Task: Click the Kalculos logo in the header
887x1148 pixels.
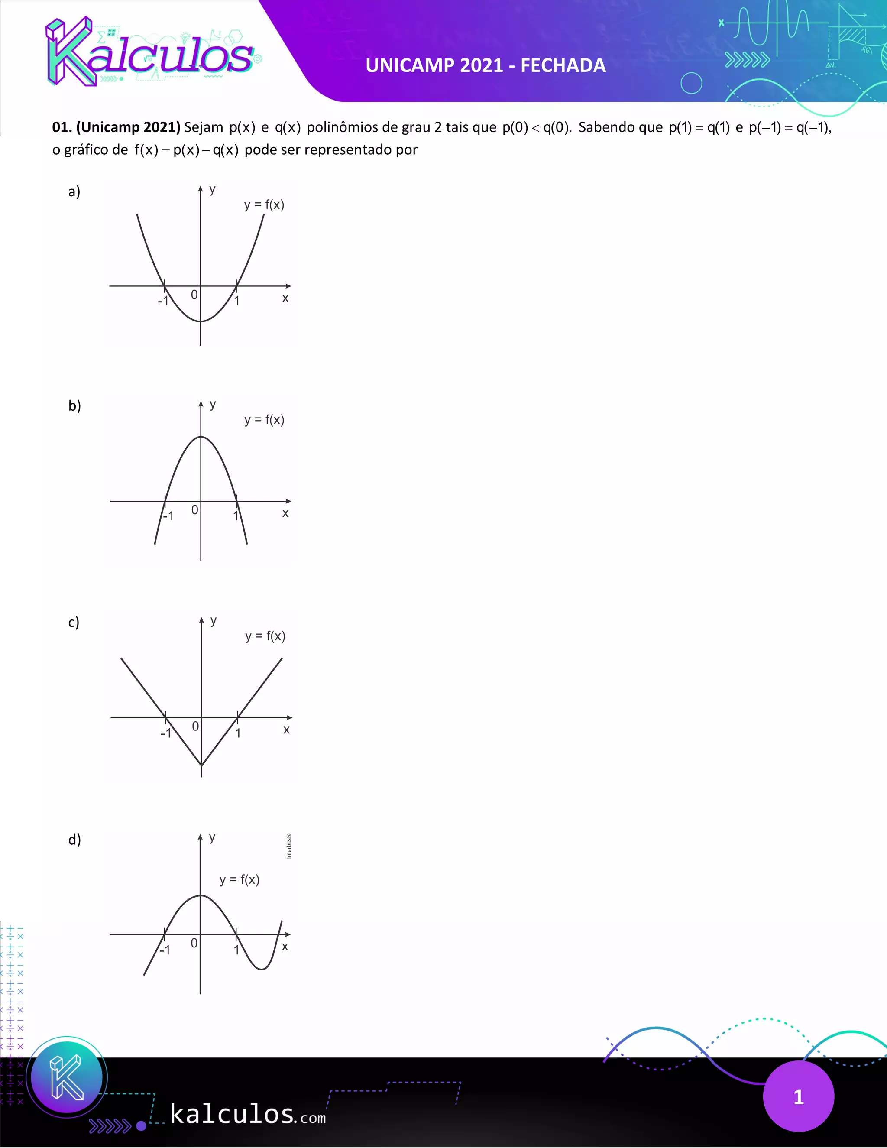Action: point(150,52)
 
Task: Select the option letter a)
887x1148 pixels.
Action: point(74,191)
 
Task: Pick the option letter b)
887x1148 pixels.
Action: point(74,406)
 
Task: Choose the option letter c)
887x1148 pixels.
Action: point(74,623)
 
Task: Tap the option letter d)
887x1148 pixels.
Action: point(74,840)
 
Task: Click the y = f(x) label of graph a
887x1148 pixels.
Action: point(264,205)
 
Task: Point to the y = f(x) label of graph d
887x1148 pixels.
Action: point(239,880)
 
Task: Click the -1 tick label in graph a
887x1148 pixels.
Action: point(163,301)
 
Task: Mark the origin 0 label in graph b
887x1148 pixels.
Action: point(195,510)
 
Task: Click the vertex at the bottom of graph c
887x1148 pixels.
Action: point(202,765)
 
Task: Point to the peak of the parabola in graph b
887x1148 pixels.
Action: point(201,437)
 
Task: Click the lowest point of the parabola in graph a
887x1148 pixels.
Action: point(201,321)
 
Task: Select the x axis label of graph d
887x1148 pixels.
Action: point(285,947)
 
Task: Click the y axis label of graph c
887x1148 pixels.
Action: point(214,621)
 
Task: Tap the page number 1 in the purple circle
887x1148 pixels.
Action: point(798,1097)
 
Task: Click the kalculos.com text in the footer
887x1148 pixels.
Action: point(247,1114)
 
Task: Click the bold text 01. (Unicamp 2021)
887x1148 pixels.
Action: point(116,128)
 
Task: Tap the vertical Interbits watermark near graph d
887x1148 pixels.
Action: point(289,847)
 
